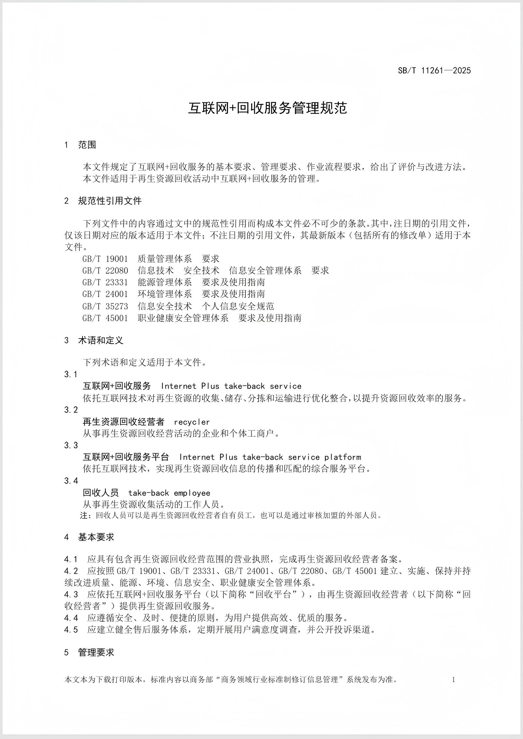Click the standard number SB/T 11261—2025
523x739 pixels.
(x=434, y=70)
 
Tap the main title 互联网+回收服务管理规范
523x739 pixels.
(x=267, y=108)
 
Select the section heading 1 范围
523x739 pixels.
(x=80, y=145)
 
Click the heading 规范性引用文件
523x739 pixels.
(x=110, y=201)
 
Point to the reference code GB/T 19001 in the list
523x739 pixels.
(x=105, y=259)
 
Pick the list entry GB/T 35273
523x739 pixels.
(x=105, y=306)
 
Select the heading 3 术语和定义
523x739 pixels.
(x=94, y=340)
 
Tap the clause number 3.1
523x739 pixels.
(x=71, y=374)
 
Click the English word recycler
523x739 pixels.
(x=192, y=422)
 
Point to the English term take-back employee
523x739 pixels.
(x=169, y=493)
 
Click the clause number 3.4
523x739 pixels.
(x=71, y=481)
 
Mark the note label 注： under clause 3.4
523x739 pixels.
(x=85, y=515)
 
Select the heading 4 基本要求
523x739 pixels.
(x=89, y=537)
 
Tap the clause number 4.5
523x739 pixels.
(x=71, y=630)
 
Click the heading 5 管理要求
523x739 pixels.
(x=89, y=652)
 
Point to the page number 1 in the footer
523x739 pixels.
(x=454, y=679)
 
